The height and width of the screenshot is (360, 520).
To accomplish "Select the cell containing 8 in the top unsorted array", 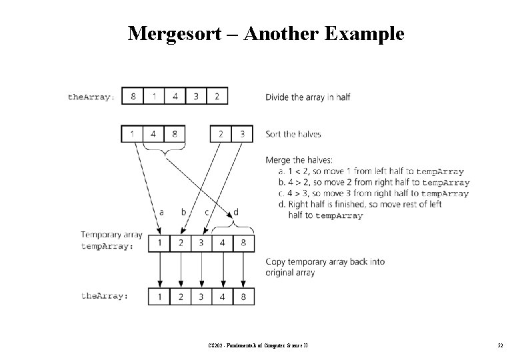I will (133, 96).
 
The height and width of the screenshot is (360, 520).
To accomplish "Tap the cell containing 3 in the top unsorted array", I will (196, 96).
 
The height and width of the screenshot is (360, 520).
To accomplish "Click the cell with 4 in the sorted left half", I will (153, 134).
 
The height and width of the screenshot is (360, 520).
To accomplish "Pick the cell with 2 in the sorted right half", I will (221, 134).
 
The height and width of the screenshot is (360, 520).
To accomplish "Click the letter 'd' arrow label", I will (235, 212).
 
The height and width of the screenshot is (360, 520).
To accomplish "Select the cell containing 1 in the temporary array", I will (159, 243).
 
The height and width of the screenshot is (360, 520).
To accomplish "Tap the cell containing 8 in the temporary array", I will (243, 243).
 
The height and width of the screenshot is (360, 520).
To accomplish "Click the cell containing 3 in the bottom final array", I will (201, 295).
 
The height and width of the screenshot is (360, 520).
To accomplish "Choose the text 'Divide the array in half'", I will (307, 97).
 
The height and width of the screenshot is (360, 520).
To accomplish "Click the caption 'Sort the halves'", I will (293, 134).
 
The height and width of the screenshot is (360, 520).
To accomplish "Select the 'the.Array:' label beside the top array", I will (91, 97).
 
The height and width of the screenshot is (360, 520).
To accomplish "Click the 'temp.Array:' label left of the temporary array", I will (107, 246).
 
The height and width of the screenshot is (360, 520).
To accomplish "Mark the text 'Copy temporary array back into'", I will (325, 261).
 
